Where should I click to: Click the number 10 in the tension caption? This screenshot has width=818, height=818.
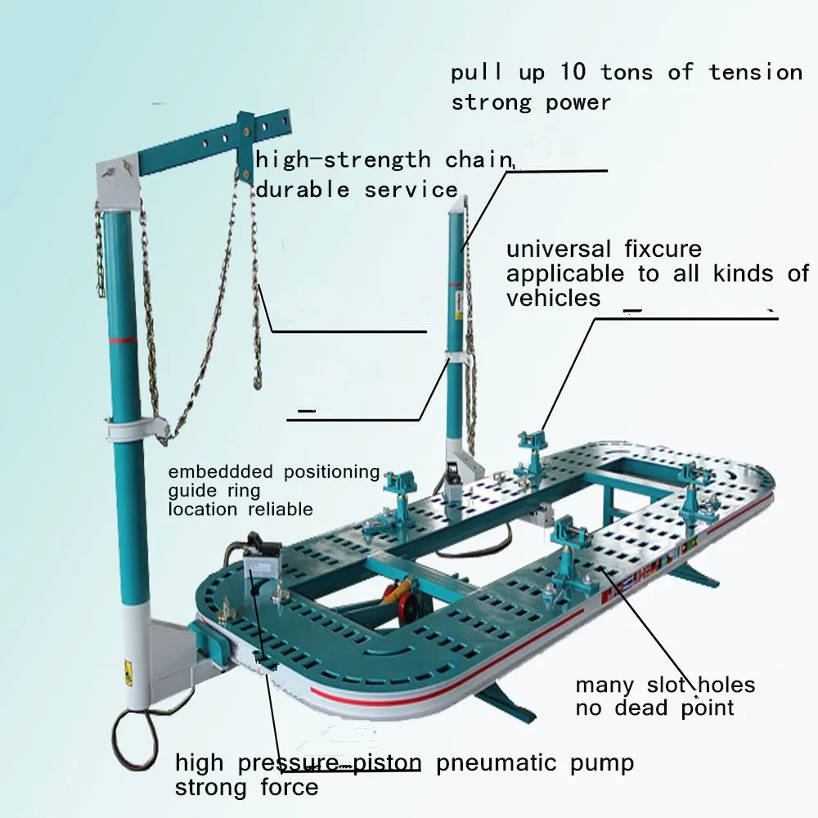(x=573, y=72)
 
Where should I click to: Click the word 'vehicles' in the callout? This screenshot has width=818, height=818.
(x=553, y=299)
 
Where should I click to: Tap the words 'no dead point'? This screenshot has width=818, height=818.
(x=654, y=708)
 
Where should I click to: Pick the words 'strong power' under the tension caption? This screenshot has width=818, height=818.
(x=531, y=103)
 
